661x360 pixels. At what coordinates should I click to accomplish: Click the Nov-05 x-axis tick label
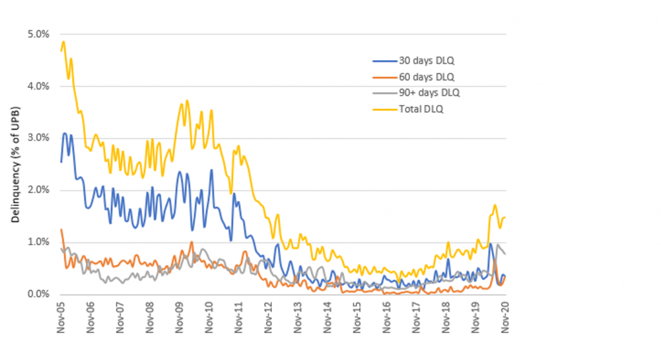coord(61,316)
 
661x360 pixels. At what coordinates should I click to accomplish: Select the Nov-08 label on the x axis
coord(150,316)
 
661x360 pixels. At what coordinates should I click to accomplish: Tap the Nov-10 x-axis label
coord(208,316)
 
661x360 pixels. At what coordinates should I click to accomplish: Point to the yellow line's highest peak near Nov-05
coord(63,42)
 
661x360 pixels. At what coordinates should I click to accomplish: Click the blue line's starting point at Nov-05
coord(61,161)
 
